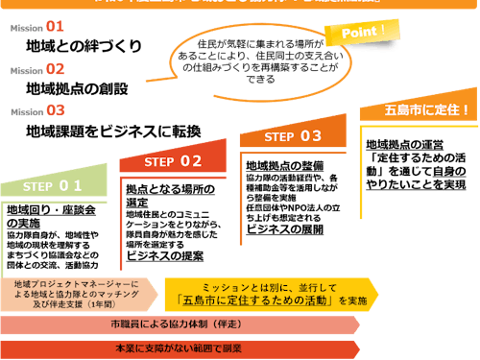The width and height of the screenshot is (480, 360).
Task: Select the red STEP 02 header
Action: click(173, 160)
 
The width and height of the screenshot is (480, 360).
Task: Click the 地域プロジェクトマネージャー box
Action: click(76, 292)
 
